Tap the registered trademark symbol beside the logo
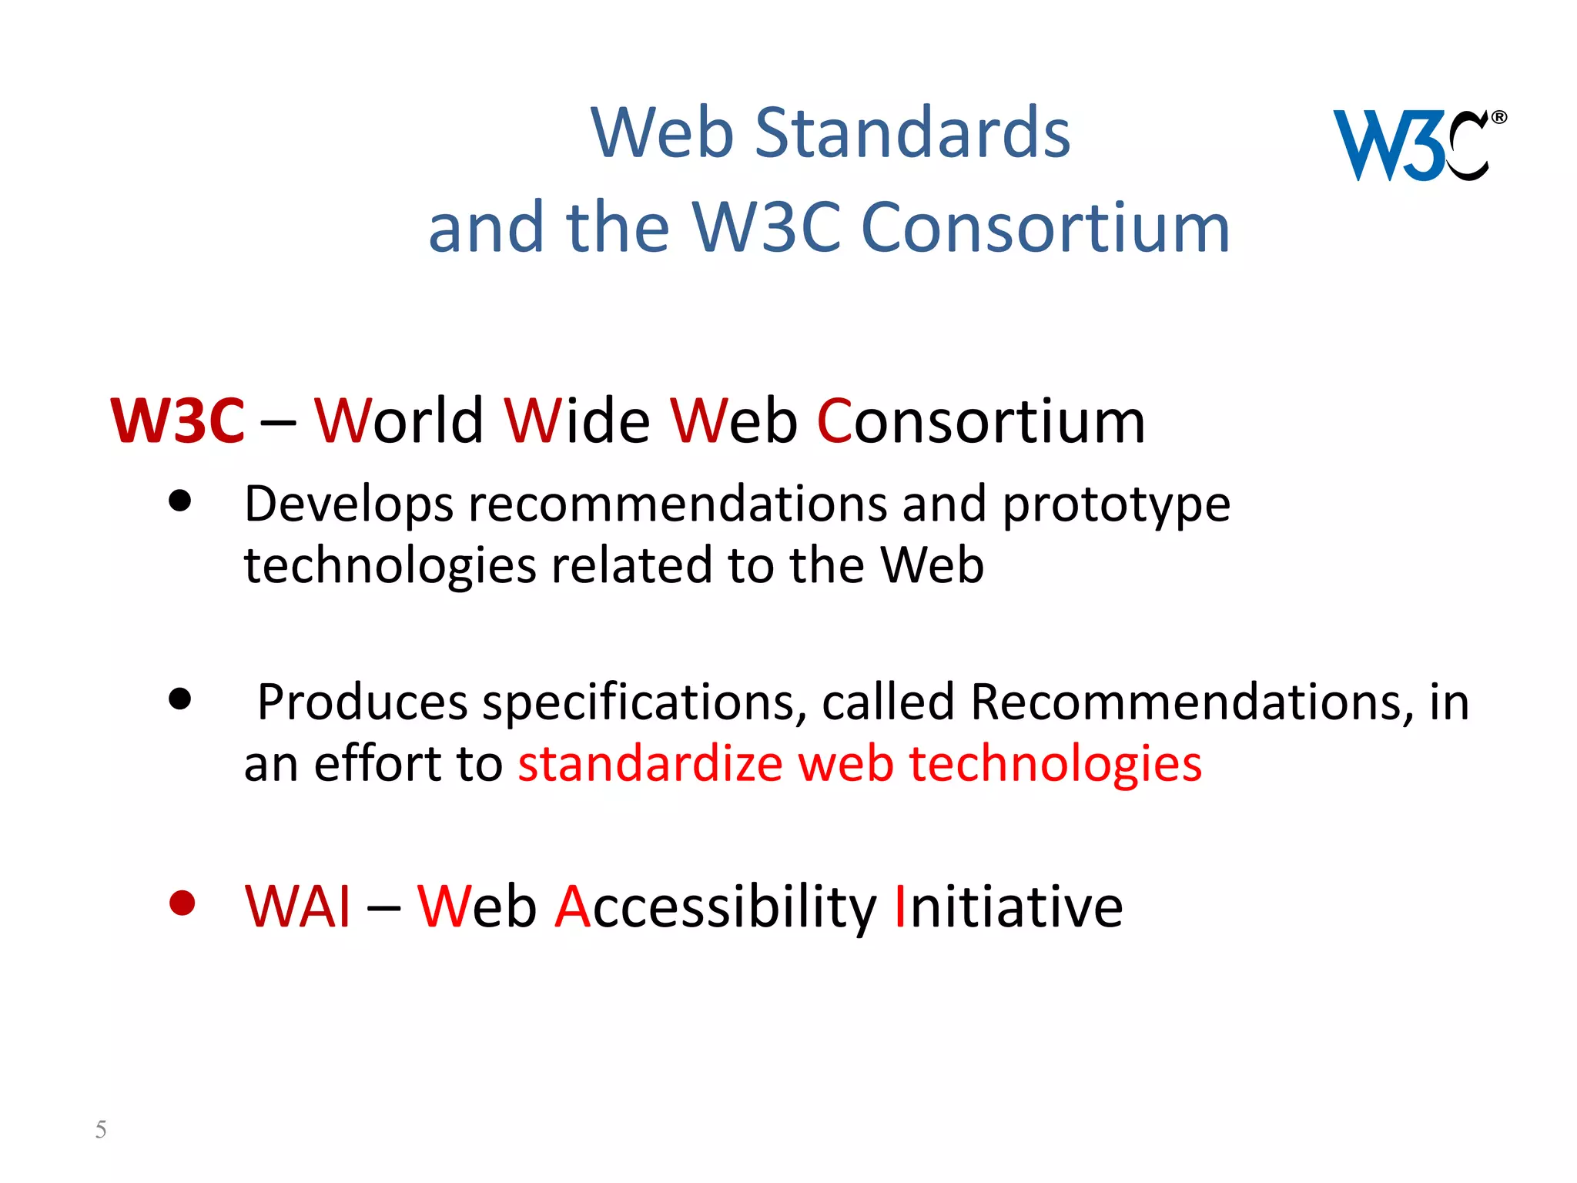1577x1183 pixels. click(1498, 118)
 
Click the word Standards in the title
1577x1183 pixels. click(912, 133)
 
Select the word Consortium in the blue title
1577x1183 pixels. click(1045, 228)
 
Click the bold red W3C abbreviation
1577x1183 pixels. click(178, 421)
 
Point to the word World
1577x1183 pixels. click(399, 421)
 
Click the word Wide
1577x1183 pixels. click(578, 421)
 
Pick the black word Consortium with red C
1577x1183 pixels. click(980, 421)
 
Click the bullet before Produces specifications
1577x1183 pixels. click(180, 699)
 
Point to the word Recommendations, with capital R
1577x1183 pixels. click(1192, 702)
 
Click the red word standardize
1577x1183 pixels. click(651, 764)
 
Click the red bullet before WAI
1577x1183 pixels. click(182, 903)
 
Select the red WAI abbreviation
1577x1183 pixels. click(298, 907)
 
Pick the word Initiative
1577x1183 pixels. click(1008, 907)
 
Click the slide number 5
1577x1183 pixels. click(101, 1129)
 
